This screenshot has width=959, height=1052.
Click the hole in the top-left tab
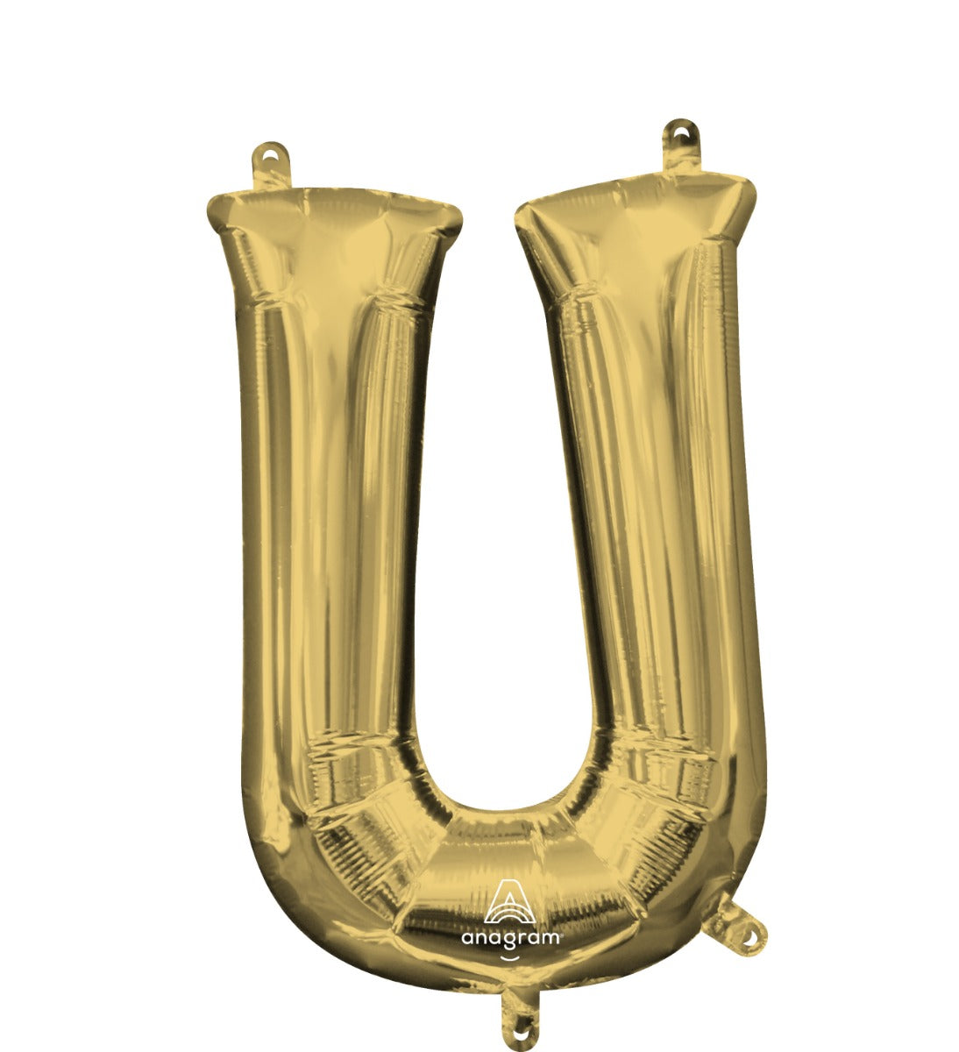[271, 155]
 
